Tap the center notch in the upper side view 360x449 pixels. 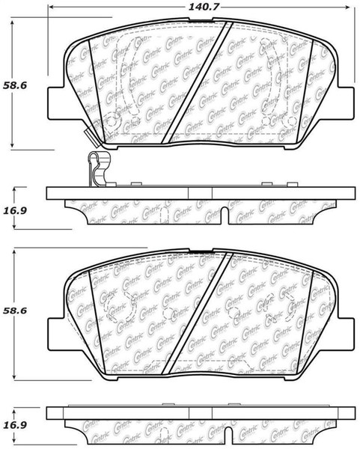[x=226, y=216]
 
